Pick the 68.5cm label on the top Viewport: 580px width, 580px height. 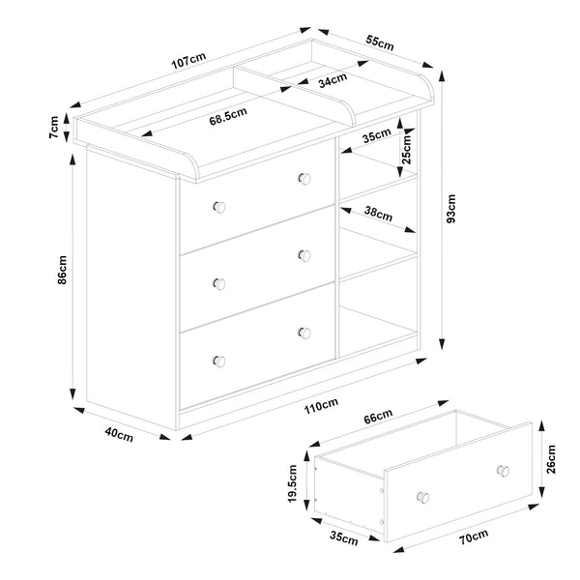point(228,121)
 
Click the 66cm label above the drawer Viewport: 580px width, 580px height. point(378,417)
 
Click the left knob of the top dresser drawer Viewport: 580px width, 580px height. point(218,206)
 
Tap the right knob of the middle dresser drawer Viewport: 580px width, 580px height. point(305,255)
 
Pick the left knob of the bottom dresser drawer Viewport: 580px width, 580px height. point(218,361)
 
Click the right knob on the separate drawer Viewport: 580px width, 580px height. point(502,471)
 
